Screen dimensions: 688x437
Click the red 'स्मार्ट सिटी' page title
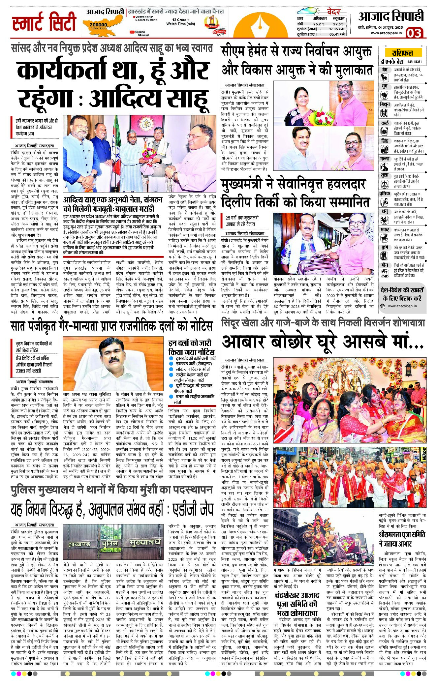[44, 22]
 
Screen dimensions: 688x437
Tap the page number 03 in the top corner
[414, 33]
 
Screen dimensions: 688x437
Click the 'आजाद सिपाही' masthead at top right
[391, 16]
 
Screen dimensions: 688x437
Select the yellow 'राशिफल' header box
[402, 53]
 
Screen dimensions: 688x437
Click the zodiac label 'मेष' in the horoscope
[385, 70]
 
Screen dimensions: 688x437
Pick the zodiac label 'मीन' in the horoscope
[385, 265]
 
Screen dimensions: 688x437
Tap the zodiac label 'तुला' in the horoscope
[385, 175]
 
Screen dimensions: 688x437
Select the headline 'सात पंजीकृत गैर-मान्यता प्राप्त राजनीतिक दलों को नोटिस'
[111, 326]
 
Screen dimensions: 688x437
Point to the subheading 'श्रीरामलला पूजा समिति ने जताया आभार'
[402, 539]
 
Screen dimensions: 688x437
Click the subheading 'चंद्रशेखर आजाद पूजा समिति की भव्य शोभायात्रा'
[297, 604]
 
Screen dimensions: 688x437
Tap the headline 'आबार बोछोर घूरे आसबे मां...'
[323, 342]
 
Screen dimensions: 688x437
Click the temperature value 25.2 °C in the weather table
[319, 24]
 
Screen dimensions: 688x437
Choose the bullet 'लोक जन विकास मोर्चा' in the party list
[193, 369]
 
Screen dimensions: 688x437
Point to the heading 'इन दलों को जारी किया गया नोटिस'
[191, 347]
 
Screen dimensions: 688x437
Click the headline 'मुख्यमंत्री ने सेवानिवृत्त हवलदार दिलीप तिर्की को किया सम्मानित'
[295, 193]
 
